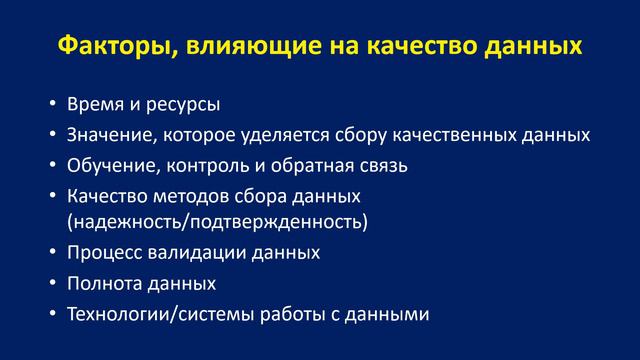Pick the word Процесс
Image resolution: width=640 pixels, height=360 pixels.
click(102, 252)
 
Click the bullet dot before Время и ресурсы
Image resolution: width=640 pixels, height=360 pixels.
click(53, 105)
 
